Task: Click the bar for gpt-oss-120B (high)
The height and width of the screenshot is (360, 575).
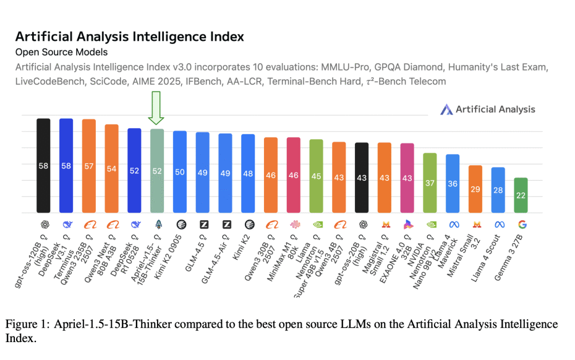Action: (x=43, y=166)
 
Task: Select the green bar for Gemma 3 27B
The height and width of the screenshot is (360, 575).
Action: (x=521, y=195)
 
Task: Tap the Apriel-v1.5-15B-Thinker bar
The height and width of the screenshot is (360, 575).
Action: (x=157, y=171)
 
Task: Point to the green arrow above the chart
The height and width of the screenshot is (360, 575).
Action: (x=156, y=108)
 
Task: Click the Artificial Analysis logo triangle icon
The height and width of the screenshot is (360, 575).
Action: (x=446, y=109)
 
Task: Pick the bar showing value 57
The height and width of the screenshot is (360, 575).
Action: (x=89, y=166)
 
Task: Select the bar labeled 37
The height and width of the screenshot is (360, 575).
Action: (x=430, y=182)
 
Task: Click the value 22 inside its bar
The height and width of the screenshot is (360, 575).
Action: (x=521, y=195)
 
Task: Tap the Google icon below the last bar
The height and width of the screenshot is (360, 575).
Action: (x=522, y=224)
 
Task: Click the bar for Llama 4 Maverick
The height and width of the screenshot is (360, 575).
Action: (x=453, y=183)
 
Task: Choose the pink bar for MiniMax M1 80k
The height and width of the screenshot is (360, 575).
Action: (x=294, y=175)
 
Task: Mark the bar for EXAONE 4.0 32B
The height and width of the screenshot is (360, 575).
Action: (x=407, y=178)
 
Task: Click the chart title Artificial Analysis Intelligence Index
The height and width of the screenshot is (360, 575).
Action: (x=129, y=36)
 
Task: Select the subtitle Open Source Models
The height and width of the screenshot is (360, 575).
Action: (x=61, y=52)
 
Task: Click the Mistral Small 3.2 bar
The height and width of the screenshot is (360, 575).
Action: (x=475, y=189)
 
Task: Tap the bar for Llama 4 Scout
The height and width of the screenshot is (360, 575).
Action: (x=498, y=190)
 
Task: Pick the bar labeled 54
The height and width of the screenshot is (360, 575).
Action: (x=112, y=169)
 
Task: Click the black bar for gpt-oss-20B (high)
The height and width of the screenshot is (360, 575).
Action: (x=362, y=178)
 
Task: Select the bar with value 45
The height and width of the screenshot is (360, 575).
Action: (x=316, y=176)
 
